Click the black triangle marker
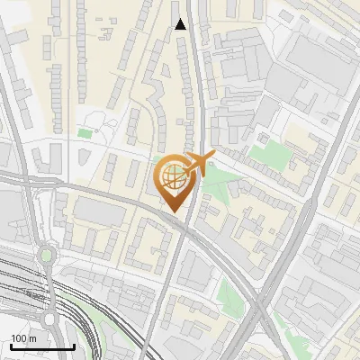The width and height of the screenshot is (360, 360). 181,24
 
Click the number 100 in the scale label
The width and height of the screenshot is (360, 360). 19,338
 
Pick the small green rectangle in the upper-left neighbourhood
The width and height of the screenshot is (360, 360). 85,134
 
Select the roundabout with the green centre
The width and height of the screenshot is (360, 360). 46,256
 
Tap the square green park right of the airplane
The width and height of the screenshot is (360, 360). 267,154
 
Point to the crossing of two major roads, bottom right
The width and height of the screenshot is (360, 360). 264,310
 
